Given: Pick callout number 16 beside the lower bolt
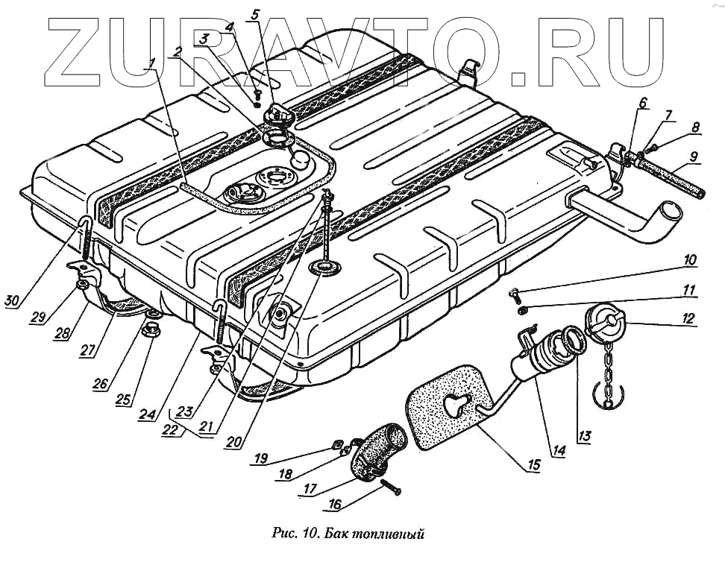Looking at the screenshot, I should (335, 505).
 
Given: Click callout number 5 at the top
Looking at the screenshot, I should (255, 14).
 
